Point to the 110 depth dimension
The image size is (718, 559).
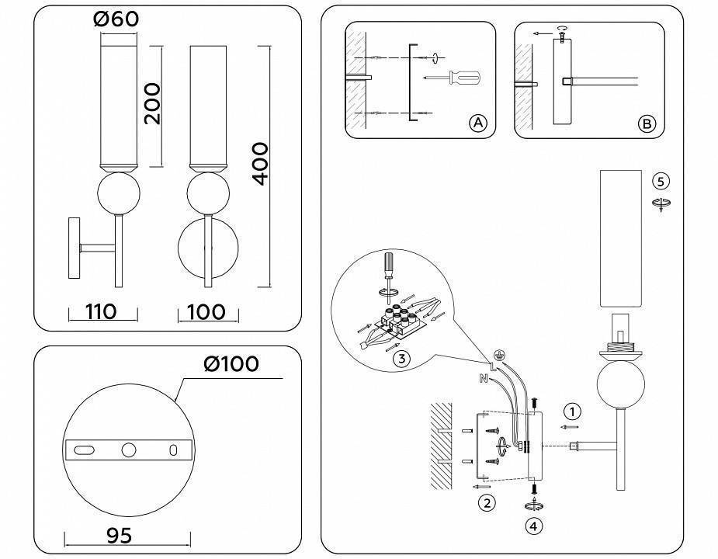(x=100, y=312)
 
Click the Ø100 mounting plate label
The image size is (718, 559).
(x=231, y=363)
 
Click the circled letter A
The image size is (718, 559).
(x=477, y=123)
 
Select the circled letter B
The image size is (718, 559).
(x=646, y=123)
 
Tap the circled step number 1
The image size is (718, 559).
(x=572, y=411)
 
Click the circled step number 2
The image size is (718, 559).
(x=487, y=503)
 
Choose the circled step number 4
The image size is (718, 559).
(x=533, y=526)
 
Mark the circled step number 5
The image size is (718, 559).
(x=661, y=182)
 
